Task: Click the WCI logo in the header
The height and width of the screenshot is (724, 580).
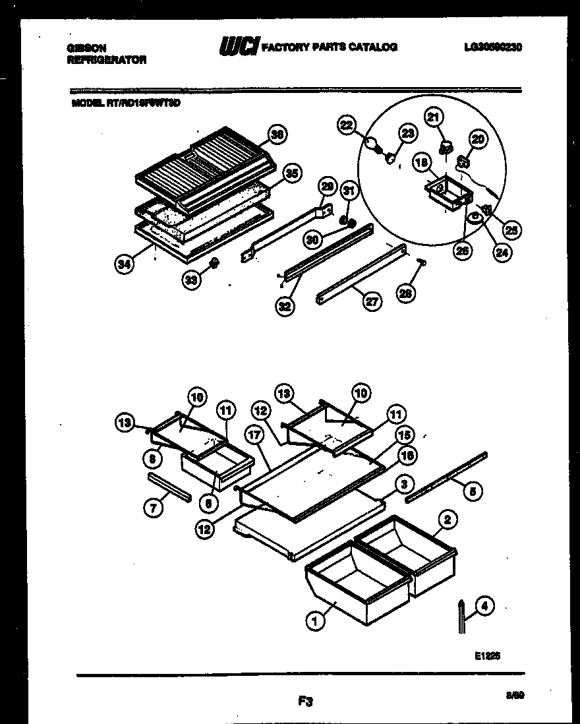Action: point(239,46)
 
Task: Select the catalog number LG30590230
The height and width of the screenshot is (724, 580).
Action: point(492,47)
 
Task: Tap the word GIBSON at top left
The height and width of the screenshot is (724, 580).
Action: point(86,47)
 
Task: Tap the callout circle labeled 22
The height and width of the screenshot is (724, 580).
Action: point(347,123)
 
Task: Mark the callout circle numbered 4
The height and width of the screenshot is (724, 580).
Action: point(484,606)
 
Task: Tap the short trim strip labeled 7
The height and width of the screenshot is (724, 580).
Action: point(169,487)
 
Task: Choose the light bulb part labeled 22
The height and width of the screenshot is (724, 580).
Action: point(374,144)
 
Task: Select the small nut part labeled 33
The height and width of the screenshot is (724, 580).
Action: point(214,265)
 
